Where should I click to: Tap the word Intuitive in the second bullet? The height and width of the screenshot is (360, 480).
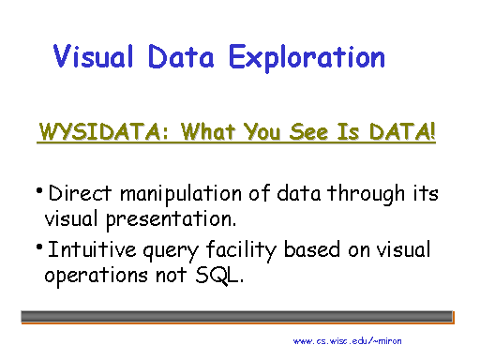87,251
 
